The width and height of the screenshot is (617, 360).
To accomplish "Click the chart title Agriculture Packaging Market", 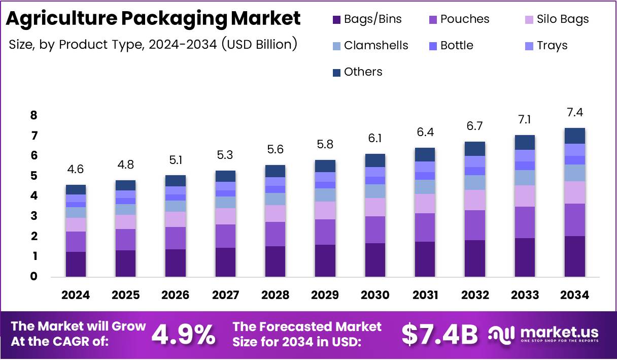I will pos(153,19).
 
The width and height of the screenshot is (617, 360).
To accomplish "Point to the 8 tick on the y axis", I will pos(34,116).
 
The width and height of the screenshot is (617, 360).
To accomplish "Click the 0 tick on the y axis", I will pos(34,277).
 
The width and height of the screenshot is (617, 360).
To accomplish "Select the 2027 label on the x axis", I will pos(225,295).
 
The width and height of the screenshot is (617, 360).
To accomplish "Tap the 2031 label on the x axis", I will pos(425,295).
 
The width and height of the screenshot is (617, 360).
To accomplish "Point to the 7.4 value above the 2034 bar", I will pos(575,113).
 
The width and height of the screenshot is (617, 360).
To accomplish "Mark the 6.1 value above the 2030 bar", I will pos(375,139).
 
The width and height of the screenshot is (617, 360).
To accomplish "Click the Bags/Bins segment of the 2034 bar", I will pos(574,256).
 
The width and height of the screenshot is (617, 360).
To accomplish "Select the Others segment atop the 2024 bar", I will pos(76,189).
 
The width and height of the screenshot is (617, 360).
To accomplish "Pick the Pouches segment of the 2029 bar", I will pos(325,232).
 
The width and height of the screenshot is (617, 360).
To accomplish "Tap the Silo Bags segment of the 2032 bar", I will pos(475,200).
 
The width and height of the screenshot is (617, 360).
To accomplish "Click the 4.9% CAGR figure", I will pos(184,334).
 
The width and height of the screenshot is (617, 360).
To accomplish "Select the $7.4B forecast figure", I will pos(439,334).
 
